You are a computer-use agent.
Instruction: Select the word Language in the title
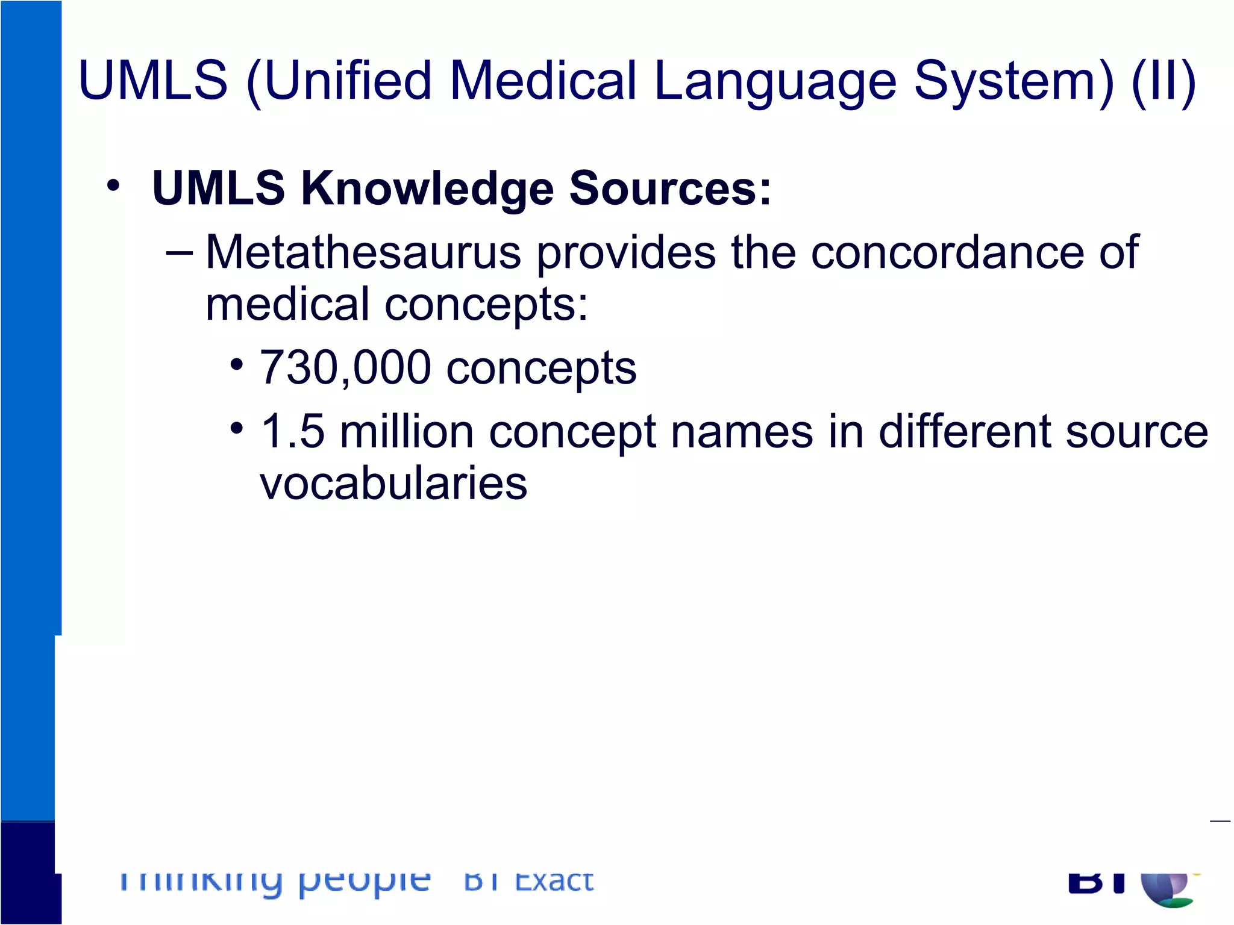coord(775,81)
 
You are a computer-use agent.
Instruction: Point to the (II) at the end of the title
coord(1164,81)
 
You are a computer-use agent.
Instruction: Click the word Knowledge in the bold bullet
coord(427,188)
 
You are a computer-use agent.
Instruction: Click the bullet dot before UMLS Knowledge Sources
coord(113,186)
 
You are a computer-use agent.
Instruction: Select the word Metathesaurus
coord(363,252)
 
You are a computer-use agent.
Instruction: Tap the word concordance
coord(947,252)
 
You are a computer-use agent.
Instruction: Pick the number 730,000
coord(345,367)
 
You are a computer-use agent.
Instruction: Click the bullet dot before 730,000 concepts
coord(237,365)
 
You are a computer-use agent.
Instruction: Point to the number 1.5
coord(293,431)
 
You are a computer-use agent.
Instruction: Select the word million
coord(407,431)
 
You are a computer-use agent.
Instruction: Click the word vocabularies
coord(393,483)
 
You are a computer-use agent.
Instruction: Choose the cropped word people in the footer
coord(365,883)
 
